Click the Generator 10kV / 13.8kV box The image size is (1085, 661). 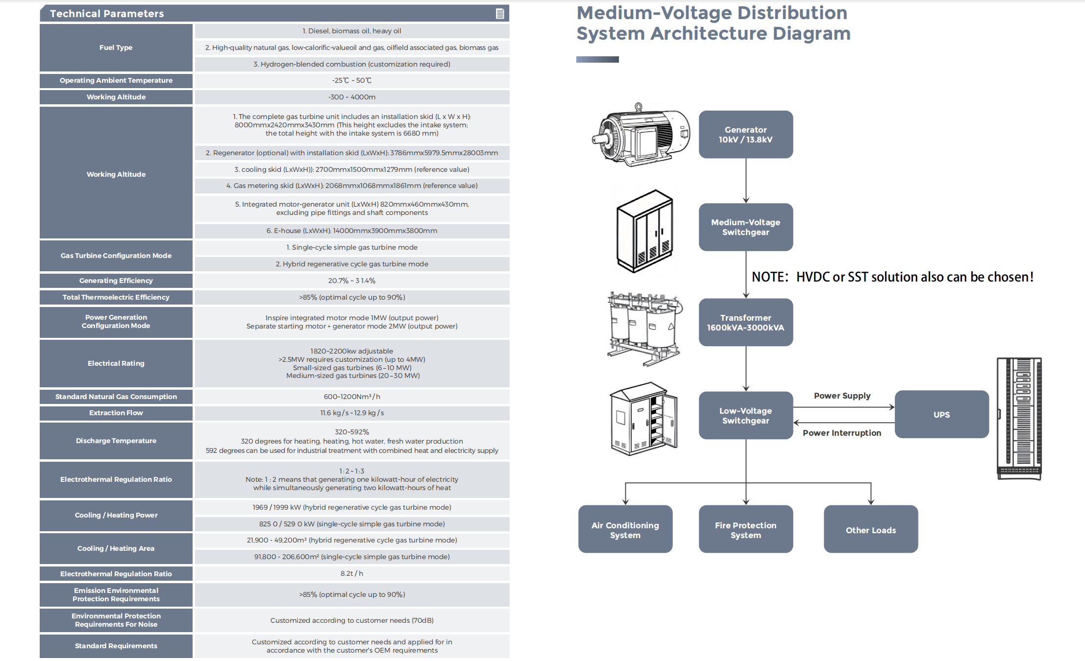coord(745,134)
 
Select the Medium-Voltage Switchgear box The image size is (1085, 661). coord(745,227)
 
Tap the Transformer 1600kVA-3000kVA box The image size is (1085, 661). coord(745,322)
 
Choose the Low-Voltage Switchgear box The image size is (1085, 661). coord(745,415)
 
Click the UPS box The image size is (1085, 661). coord(941,414)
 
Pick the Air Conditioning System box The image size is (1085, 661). coord(625,529)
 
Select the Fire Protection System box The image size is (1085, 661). coord(745,529)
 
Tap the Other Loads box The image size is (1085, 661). coord(871,529)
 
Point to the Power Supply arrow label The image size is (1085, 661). coord(842,396)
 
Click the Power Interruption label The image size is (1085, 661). coord(841,433)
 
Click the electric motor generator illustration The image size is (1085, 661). coord(641,134)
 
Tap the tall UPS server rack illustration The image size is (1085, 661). coord(1019,419)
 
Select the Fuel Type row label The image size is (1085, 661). coord(116,47)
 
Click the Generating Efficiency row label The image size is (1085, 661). coord(116,281)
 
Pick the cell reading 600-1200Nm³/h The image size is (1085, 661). coord(352,397)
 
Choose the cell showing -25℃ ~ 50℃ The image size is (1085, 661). coord(352,80)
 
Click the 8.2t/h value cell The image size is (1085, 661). coord(352,573)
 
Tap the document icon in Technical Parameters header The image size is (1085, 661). coord(500,14)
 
